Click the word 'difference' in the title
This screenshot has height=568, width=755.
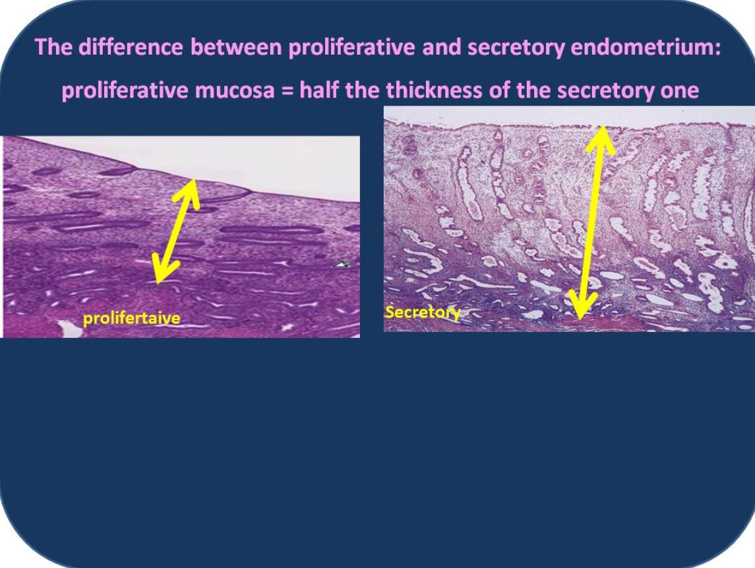(131, 47)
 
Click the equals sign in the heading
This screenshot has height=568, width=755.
(287, 90)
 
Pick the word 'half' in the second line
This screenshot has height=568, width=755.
(319, 90)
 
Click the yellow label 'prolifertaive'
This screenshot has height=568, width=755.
(131, 318)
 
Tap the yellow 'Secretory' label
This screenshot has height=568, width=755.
(422, 312)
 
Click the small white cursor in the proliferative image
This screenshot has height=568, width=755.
(344, 264)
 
